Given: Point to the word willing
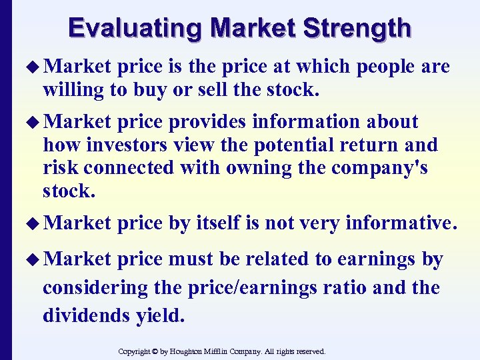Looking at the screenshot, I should [x=73, y=89].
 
